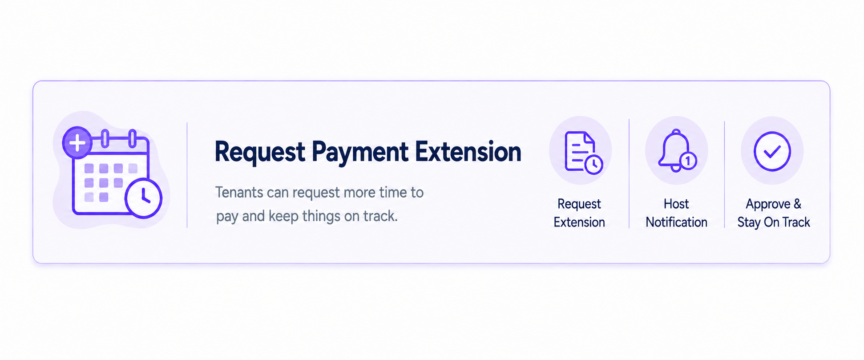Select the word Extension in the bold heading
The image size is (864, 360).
[468, 152]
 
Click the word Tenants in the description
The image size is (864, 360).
[239, 192]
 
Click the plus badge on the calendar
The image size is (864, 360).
[77, 142]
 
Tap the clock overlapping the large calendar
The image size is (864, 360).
[143, 198]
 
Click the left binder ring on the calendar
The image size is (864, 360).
[105, 138]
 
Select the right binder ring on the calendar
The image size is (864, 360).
[132, 138]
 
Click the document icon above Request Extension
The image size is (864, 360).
[580, 151]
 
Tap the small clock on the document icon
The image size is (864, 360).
[593, 165]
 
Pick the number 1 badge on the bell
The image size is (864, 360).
[688, 160]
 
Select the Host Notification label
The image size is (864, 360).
[676, 213]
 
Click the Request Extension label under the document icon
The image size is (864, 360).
[579, 213]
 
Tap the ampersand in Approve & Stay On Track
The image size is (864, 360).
[797, 204]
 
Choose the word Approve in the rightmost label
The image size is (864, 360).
[768, 204]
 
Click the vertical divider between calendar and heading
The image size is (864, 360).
[187, 175]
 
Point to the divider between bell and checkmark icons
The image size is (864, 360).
[724, 174]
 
